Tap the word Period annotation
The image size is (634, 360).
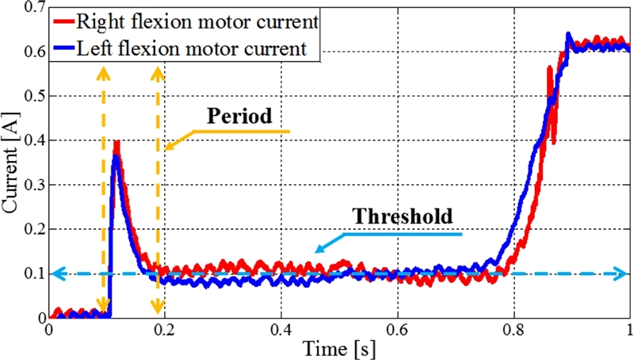point(239,116)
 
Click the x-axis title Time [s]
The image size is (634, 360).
point(338,347)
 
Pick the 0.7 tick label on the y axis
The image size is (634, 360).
point(32,9)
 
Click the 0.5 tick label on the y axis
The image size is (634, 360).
point(32,96)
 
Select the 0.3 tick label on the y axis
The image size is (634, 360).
point(32,185)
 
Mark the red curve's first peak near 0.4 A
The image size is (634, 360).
point(117,143)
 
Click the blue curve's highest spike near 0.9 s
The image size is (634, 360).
point(568,34)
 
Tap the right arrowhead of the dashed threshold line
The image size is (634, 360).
point(624,274)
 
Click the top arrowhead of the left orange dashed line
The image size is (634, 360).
point(101,72)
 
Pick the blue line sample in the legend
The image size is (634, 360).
point(70,48)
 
